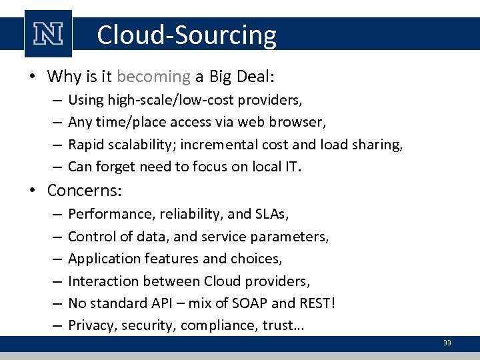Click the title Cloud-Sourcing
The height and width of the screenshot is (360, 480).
click(x=186, y=35)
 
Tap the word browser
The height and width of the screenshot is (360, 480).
click(x=298, y=123)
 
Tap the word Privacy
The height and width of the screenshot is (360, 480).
click(x=89, y=326)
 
